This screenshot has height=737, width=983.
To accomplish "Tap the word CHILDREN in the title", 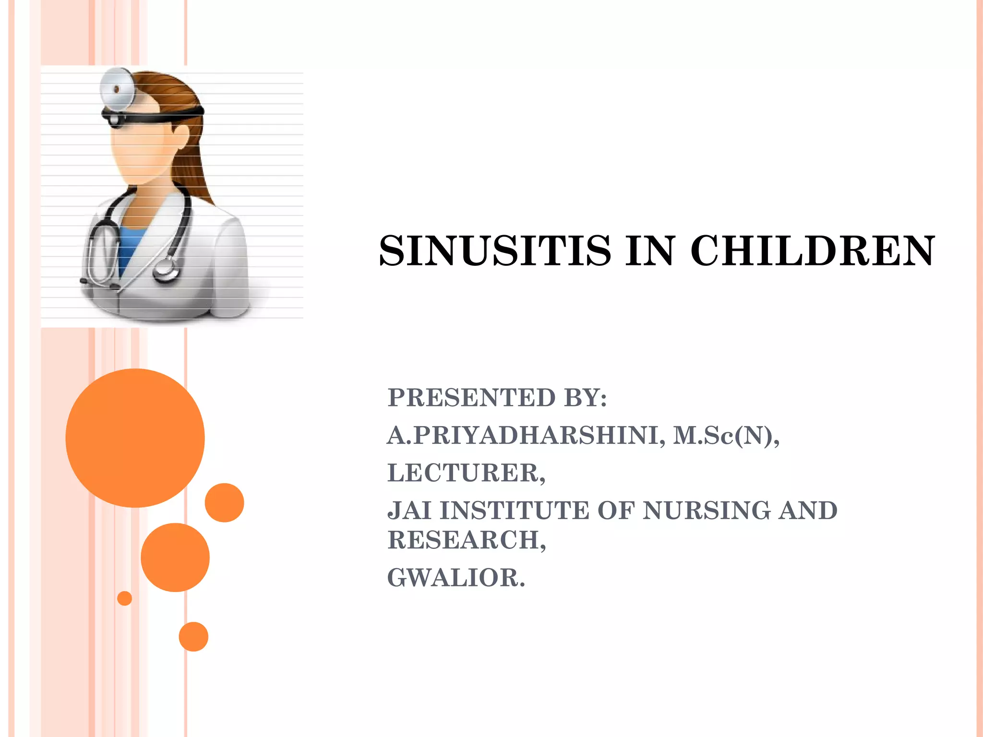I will click(x=813, y=251).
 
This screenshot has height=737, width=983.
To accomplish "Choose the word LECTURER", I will click(x=466, y=473).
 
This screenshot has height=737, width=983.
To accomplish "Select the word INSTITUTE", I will click(x=514, y=511).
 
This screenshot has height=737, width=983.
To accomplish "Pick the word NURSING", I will click(x=706, y=511).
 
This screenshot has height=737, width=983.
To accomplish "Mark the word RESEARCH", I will click(x=466, y=540).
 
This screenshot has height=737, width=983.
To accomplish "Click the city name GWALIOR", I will click(x=456, y=578).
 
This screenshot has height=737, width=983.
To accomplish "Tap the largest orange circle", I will click(x=135, y=438).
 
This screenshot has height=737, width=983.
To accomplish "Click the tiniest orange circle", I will click(x=124, y=598).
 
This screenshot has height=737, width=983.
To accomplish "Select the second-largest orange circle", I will click(x=175, y=557).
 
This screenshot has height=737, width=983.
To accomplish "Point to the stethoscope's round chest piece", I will click(x=166, y=271).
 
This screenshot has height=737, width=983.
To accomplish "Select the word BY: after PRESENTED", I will click(x=585, y=398).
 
